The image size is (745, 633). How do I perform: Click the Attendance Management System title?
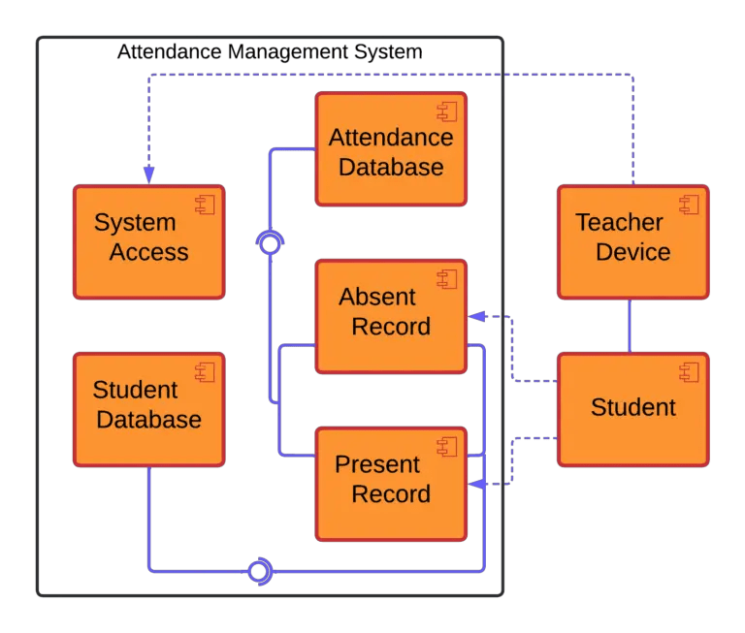pos(269,51)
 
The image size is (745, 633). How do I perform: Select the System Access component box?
pos(149,241)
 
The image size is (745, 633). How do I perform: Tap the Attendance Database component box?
pos(390,149)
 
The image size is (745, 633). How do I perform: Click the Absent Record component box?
pos(390,315)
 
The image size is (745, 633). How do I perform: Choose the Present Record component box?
pos(390,483)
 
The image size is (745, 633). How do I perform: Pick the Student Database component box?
pos(149,408)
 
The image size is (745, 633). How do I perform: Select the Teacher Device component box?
pos(632,241)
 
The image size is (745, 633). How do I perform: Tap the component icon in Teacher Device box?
pos(689,205)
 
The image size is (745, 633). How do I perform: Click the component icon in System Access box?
pos(205,205)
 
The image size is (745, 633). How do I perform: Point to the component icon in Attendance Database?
pos(446,111)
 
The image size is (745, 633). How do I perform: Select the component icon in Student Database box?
pos(205,371)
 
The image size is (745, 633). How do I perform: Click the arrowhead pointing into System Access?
pos(148,174)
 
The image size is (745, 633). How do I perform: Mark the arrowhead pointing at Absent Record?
pos(476,316)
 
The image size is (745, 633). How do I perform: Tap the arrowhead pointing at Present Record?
pos(476,483)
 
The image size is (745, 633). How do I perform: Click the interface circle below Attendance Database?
pos(271,243)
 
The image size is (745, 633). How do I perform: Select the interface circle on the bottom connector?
pos(258,571)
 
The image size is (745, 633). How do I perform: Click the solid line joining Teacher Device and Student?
pos(632,326)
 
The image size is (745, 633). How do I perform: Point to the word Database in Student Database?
pos(149,421)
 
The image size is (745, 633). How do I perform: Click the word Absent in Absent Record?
pos(377,298)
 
